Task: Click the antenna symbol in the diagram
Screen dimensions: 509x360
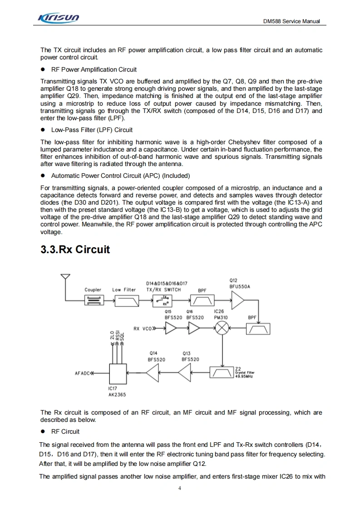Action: click(x=66, y=277)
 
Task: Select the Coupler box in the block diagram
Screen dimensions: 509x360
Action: click(x=93, y=300)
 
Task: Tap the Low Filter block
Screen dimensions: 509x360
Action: click(x=127, y=300)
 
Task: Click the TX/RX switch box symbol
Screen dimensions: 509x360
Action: click(x=163, y=300)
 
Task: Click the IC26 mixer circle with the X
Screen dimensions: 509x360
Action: click(x=222, y=329)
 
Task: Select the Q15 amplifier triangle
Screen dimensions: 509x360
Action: click(x=171, y=329)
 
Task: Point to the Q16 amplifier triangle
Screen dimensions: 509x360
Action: click(x=195, y=329)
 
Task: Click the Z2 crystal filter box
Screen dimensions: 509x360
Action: click(x=222, y=372)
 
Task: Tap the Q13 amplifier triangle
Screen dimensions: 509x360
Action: click(x=185, y=373)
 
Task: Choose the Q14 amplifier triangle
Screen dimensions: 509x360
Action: click(x=153, y=373)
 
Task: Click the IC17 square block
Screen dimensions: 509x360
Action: click(x=117, y=373)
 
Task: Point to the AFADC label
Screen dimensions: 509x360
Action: click(x=83, y=374)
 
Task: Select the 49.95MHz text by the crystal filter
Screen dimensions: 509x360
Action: click(x=244, y=377)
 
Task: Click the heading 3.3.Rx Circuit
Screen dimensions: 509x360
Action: click(x=75, y=250)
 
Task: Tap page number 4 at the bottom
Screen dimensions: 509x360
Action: click(x=180, y=488)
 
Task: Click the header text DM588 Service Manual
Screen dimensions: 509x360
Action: click(x=291, y=21)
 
